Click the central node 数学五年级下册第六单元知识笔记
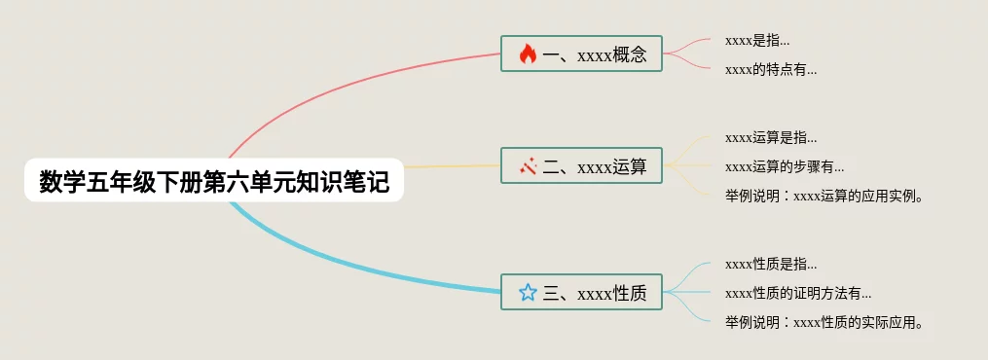[x=213, y=180]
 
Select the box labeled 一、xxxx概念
[x=581, y=54]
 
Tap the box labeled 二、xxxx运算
[x=581, y=165]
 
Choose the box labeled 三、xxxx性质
[x=581, y=292]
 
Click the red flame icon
[x=528, y=54]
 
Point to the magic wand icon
[x=528, y=166]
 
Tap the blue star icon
[x=528, y=292]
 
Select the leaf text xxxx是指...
[x=757, y=40]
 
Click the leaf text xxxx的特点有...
[x=771, y=70]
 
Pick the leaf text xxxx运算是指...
[x=771, y=138]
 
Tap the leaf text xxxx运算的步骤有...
[x=786, y=166]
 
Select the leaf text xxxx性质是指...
[x=771, y=265]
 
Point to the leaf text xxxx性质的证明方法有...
[x=799, y=293]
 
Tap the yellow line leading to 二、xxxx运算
[x=452, y=166]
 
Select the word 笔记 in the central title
[x=371, y=181]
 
